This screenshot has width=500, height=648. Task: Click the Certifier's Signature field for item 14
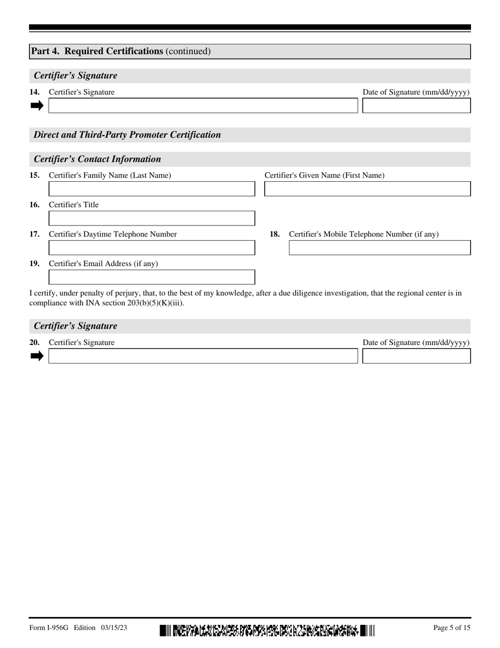click(203, 105)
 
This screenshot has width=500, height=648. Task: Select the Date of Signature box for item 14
click(416, 105)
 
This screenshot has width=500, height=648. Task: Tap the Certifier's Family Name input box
click(152, 189)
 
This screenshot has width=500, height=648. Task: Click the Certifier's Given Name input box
click(367, 189)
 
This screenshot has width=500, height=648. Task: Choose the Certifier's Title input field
click(152, 218)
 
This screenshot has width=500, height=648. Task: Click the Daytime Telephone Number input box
click(152, 248)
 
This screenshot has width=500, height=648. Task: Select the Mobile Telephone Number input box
click(379, 248)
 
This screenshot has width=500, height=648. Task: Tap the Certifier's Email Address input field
click(152, 277)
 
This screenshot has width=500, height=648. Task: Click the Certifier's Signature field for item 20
click(203, 356)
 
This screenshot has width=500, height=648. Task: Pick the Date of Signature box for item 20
click(416, 356)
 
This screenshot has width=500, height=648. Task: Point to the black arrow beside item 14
click(37, 105)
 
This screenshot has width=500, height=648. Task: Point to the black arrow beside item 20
click(37, 356)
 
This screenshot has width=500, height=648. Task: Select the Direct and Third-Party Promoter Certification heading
click(127, 135)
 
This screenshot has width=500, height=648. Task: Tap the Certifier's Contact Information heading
click(97, 159)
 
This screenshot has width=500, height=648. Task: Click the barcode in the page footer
click(267, 630)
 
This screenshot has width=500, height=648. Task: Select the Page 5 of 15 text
click(452, 627)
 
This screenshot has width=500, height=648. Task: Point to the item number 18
click(275, 234)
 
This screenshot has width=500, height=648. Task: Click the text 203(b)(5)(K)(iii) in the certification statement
click(155, 303)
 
